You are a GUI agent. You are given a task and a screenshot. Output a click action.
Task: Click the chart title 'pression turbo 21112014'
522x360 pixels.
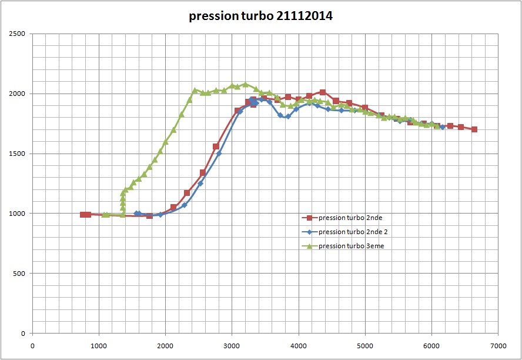pyautogui.click(x=260, y=16)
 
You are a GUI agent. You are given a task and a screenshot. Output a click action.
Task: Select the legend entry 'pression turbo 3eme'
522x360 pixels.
pyautogui.click(x=351, y=246)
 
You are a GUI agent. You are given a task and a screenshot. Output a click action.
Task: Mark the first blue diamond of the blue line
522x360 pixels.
pyautogui.click(x=137, y=214)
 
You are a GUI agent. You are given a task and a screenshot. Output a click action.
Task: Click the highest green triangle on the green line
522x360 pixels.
pyautogui.click(x=245, y=84)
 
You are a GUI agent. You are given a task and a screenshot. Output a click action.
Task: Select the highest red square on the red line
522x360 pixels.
pyautogui.click(x=323, y=92)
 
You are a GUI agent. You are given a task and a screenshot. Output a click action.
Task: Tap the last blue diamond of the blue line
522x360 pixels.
pyautogui.click(x=443, y=127)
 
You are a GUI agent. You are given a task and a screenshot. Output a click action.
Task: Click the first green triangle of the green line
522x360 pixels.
pyautogui.click(x=105, y=215)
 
